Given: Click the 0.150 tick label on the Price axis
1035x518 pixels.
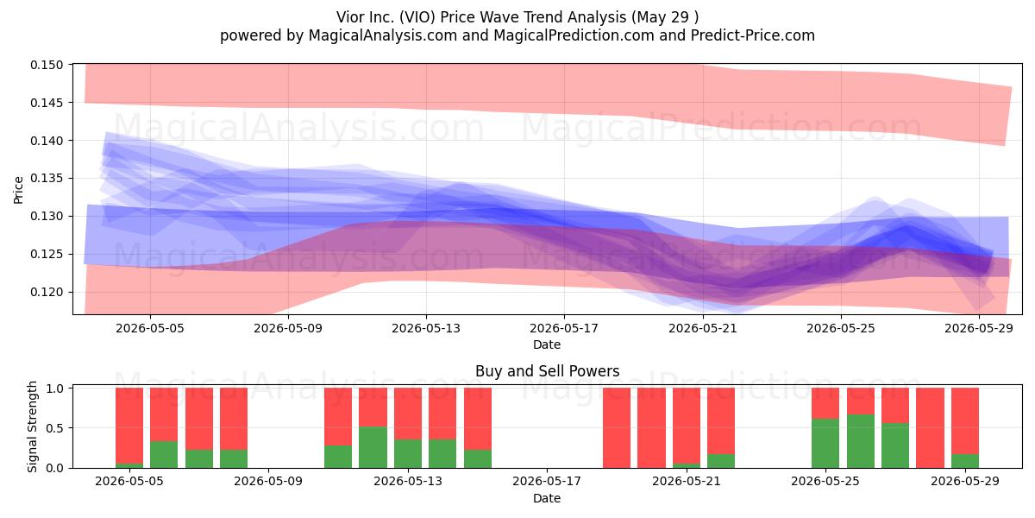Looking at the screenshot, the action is tap(47, 65).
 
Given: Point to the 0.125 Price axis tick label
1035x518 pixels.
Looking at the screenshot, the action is tap(47, 254).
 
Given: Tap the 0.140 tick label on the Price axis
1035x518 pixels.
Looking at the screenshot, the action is tap(47, 141).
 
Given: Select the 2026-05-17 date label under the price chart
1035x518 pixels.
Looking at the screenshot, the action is tap(564, 328).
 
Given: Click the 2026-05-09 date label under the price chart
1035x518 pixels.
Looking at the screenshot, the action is tap(288, 328).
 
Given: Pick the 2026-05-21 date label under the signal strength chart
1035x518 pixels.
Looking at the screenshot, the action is tap(687, 482).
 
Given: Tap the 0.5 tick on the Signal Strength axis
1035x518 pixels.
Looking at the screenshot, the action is tap(55, 428).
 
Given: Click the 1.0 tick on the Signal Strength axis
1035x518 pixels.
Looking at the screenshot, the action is tap(55, 388).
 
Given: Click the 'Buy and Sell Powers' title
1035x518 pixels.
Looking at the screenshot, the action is tap(547, 371).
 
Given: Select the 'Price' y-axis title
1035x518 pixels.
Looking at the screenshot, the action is tap(18, 190).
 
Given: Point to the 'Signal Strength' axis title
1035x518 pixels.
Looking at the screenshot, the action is tap(32, 426).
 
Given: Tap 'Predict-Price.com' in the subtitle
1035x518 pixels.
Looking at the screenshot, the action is tap(753, 35).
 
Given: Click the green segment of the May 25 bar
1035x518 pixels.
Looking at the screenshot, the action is tap(825, 443).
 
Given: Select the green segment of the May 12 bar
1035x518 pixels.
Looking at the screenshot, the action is tap(373, 447).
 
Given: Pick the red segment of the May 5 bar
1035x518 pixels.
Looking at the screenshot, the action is tap(164, 414).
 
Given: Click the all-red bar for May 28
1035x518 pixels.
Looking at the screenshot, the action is tap(930, 428).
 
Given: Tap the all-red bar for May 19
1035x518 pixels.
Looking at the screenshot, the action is tap(617, 428).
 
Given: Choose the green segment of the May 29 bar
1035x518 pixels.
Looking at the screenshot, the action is tap(965, 461).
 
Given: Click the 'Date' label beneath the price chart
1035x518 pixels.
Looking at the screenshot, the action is tap(547, 344).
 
